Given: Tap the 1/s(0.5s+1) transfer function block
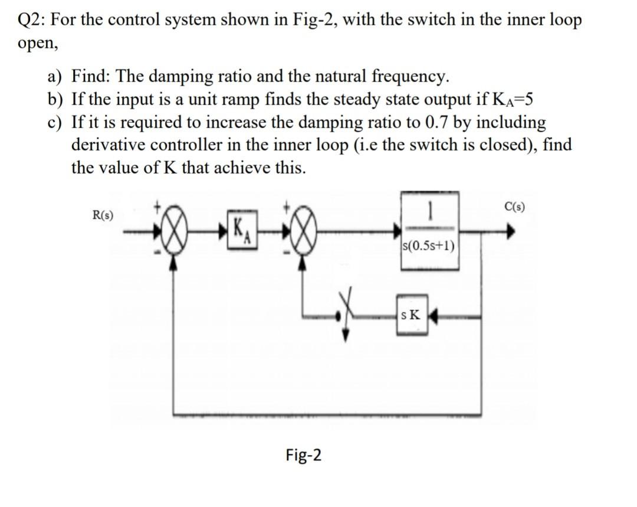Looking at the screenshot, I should click(x=429, y=231).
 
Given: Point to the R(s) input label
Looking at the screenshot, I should click(x=104, y=215).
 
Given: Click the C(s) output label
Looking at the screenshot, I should click(x=516, y=207).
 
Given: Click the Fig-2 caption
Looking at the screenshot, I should click(x=303, y=455).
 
